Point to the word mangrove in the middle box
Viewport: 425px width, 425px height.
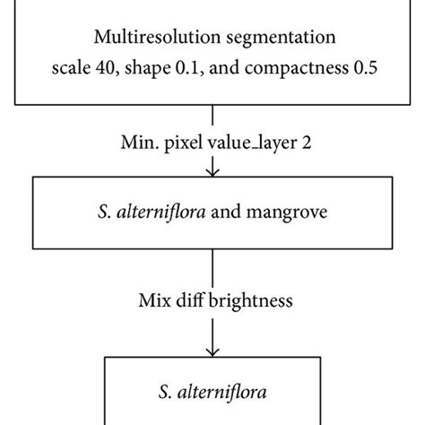288,215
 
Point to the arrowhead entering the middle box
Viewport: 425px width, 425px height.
212,172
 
